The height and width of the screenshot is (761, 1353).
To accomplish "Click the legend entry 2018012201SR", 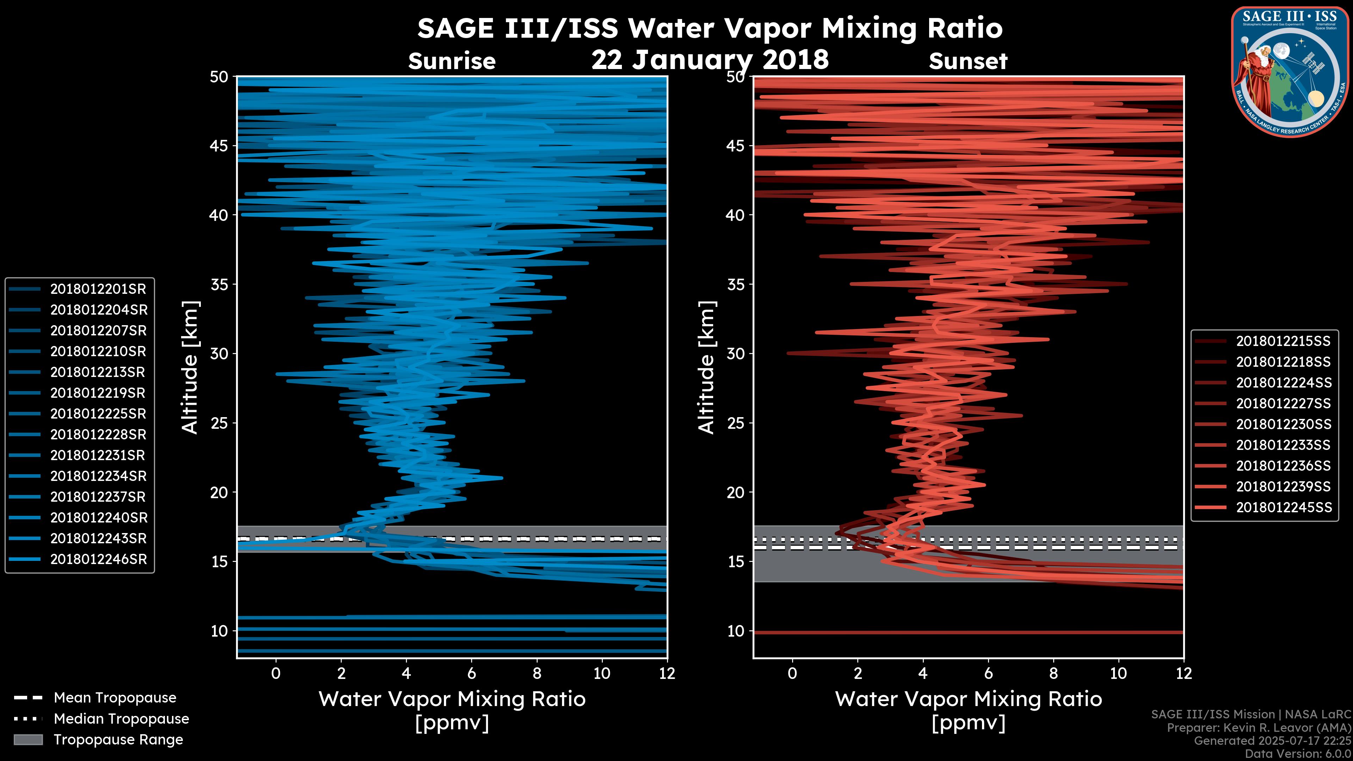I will point(98,289).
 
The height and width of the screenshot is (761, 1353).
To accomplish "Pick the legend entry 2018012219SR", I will point(98,393).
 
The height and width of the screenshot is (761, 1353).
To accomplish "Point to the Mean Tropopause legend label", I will point(115,698).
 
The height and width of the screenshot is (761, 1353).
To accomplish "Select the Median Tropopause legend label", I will point(121,718).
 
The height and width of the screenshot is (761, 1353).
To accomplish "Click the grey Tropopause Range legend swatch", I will point(28,740).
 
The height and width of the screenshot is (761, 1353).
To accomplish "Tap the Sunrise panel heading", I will point(452,61).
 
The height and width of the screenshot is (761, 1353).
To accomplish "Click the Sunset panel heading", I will point(968,61).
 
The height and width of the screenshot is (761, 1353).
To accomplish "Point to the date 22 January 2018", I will point(710,59).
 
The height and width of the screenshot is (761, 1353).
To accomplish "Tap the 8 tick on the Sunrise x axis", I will point(537,673).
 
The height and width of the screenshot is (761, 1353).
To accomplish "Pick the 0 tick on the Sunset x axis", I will point(792,673).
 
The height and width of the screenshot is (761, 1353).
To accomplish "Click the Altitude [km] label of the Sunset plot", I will point(707,367).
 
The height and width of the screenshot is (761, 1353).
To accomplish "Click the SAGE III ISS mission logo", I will point(1290,72).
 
